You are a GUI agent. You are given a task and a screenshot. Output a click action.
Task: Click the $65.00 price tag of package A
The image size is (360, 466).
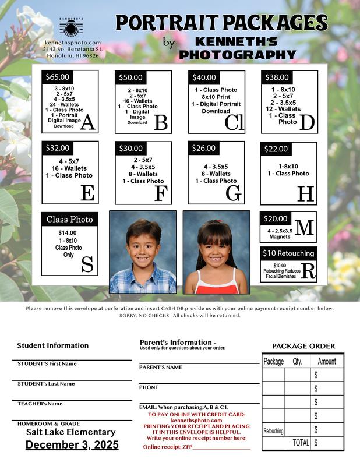(58, 77)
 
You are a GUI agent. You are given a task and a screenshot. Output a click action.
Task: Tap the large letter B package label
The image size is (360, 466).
(160, 122)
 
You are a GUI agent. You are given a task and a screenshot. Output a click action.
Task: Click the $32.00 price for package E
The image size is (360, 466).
(58, 148)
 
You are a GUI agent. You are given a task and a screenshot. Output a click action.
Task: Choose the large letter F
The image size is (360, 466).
(160, 193)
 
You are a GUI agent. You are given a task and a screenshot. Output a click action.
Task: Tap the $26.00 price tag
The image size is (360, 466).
(203, 148)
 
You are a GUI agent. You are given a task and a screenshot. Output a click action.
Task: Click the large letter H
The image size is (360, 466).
(305, 193)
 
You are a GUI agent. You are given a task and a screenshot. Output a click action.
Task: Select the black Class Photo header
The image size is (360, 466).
(69, 220)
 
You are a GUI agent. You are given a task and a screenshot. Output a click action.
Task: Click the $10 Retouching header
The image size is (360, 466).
(288, 253)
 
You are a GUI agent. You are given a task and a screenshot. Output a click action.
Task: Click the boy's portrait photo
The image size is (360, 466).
(143, 252)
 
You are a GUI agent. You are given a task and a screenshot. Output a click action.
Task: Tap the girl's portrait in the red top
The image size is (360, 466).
(216, 252)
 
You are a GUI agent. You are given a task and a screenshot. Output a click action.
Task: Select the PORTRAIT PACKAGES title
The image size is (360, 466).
(221, 23)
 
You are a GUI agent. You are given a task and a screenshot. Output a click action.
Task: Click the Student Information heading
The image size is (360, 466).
(53, 345)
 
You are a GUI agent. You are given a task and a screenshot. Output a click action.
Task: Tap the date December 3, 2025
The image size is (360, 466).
(72, 445)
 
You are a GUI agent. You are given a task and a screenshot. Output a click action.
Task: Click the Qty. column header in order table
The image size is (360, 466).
(297, 362)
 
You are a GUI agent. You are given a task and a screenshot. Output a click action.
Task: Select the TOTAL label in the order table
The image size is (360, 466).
(301, 443)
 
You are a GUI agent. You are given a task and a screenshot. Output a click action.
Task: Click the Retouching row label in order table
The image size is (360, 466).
(273, 430)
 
